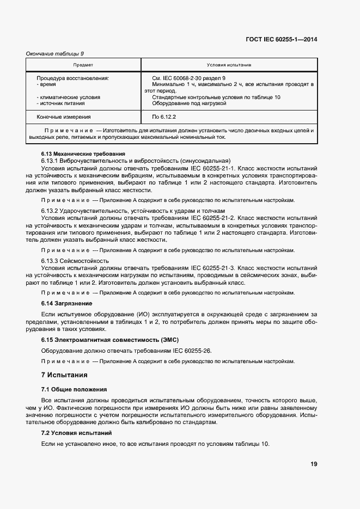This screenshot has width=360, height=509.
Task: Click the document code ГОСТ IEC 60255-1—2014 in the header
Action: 282,39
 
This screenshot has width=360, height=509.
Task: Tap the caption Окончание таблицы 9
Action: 55,53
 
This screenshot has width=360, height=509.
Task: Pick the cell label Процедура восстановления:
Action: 72,78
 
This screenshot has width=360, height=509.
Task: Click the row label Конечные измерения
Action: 64,116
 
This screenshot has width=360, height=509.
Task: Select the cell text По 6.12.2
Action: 164,116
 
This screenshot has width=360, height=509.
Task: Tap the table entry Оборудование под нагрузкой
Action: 189,103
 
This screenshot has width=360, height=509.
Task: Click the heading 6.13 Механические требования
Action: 83,154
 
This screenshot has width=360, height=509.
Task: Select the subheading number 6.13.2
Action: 52,210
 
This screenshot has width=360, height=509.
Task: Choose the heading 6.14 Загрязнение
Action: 67,303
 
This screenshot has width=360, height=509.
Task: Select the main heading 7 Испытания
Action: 64,376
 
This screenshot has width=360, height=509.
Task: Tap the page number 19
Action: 314,464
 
